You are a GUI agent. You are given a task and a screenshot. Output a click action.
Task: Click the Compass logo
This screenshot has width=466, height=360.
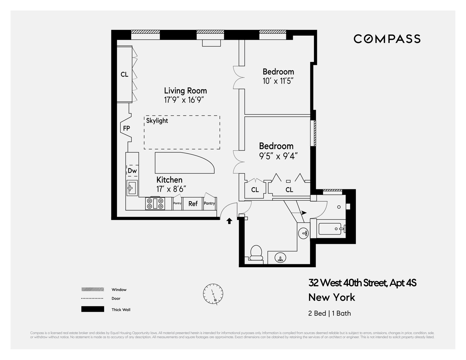click(x=387, y=39)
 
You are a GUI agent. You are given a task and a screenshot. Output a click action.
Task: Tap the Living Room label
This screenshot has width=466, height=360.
click(x=185, y=91)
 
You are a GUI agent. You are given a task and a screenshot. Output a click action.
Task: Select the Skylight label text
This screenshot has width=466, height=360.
click(x=157, y=121)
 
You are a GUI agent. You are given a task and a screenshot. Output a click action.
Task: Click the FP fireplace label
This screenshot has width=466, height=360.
click(x=126, y=128)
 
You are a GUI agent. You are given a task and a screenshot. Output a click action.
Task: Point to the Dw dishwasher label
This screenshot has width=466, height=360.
click(x=132, y=171)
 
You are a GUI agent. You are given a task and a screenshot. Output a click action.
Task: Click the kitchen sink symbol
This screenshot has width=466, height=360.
click(x=131, y=187)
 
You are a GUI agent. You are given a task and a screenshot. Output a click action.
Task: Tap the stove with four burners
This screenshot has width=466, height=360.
click(x=154, y=204)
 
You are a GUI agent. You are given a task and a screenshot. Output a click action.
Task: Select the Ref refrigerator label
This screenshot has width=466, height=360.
click(x=193, y=204)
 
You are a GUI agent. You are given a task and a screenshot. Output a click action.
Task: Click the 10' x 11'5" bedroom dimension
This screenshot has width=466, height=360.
click(x=278, y=81)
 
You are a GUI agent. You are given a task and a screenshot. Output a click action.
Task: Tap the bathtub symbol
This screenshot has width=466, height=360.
click(x=331, y=229)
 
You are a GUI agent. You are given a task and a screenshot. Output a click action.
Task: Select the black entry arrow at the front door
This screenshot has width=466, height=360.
click(x=229, y=221)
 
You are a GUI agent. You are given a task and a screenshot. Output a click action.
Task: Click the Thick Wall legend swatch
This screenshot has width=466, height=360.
click(x=93, y=309)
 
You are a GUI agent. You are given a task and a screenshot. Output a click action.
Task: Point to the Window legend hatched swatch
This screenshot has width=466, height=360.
click(x=93, y=289)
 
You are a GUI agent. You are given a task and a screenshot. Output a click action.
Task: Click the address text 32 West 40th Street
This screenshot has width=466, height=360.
click(x=362, y=283)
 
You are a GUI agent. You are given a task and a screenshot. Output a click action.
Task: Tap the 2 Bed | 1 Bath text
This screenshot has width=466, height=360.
click(x=329, y=313)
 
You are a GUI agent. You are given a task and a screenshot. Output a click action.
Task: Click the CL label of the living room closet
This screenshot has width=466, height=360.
click(x=124, y=75)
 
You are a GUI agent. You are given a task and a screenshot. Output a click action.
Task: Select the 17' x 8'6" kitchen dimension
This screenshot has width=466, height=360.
click(x=171, y=189)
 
